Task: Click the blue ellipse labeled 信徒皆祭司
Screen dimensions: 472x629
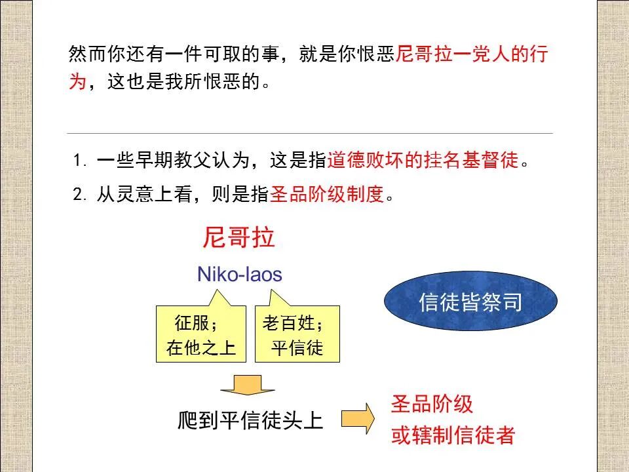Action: [x=470, y=302]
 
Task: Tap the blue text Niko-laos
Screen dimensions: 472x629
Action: [x=239, y=274]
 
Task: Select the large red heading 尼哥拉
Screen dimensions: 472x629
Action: [x=238, y=238]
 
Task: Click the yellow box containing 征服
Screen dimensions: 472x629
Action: [x=201, y=334]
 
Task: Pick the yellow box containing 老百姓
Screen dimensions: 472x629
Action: [x=297, y=334]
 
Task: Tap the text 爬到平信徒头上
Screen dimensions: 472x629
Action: [x=251, y=420]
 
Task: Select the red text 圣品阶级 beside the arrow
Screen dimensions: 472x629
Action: [x=432, y=404]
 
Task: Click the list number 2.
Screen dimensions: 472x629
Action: [x=79, y=195]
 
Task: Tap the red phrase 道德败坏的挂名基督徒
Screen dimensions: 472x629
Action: [x=423, y=161]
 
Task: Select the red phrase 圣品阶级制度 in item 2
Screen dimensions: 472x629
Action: [x=326, y=195]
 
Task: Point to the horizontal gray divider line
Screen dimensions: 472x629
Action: [x=311, y=134]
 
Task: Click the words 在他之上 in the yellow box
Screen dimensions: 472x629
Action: [x=200, y=348]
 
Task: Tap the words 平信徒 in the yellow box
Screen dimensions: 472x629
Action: [x=297, y=348]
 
